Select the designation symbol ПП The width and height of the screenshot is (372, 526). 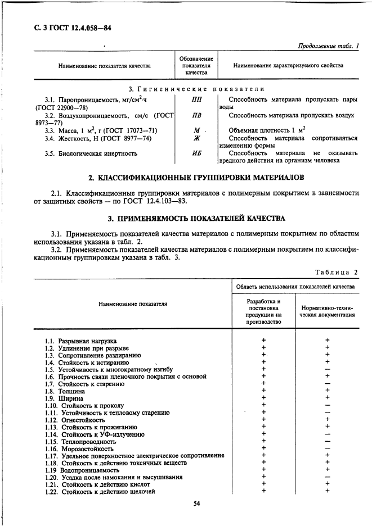(196, 99)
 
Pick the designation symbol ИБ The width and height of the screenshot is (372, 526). (196, 153)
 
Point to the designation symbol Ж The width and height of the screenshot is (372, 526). (196, 138)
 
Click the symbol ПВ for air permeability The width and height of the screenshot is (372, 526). (196, 116)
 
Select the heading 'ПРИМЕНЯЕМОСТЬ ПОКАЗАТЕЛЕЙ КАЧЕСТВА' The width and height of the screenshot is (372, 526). (197, 218)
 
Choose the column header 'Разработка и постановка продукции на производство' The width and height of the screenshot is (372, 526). (263, 311)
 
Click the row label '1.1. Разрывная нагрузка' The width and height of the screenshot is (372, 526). (80, 341)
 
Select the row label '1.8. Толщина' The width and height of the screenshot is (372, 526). (65, 391)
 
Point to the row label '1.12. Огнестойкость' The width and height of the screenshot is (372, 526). (75, 420)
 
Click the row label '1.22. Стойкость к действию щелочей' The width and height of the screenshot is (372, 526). (100, 492)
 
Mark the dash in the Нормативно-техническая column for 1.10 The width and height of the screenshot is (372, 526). (328, 405)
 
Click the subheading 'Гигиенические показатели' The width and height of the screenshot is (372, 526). (197, 89)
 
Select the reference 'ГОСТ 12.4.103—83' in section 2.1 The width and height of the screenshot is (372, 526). (163, 201)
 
